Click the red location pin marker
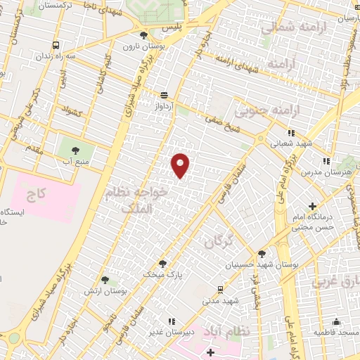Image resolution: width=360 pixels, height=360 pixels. [181, 165]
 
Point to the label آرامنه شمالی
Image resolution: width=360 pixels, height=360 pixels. [288, 27]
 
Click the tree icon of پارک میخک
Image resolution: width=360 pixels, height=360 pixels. [162, 264]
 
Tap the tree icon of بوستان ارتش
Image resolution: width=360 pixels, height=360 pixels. [104, 280]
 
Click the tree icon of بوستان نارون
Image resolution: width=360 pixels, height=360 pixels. [143, 35]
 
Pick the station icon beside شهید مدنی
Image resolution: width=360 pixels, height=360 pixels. [220, 289]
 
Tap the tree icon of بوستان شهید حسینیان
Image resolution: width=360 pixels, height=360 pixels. [262, 255]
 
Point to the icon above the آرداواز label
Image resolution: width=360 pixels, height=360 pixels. [164, 96]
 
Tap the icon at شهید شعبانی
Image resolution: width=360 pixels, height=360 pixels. [290, 131]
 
